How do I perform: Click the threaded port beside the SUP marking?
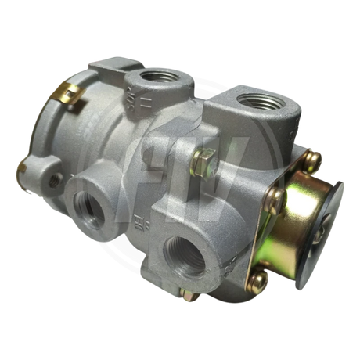[146, 80]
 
